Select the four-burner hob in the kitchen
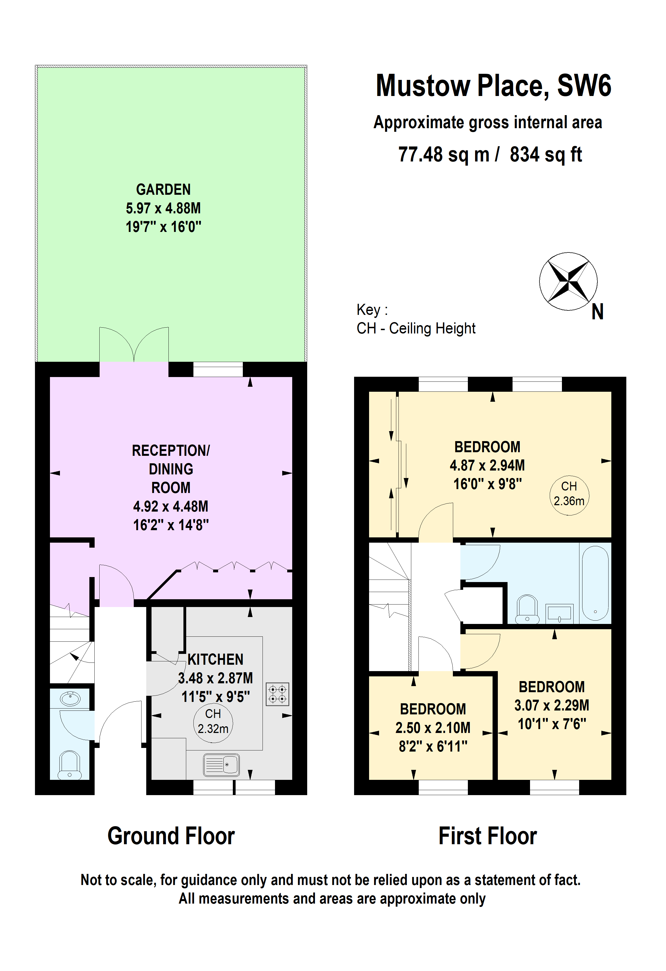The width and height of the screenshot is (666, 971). [x=277, y=694]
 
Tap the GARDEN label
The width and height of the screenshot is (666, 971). [x=163, y=190]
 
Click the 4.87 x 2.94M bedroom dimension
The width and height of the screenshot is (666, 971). [x=487, y=466]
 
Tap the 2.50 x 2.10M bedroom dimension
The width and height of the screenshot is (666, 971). [x=433, y=728]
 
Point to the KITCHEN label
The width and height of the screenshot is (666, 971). [x=215, y=659]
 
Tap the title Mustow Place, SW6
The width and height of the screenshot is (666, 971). [x=493, y=86]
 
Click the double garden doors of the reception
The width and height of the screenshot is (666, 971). [x=134, y=346]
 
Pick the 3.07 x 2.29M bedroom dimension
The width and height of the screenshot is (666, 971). [x=551, y=705]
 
